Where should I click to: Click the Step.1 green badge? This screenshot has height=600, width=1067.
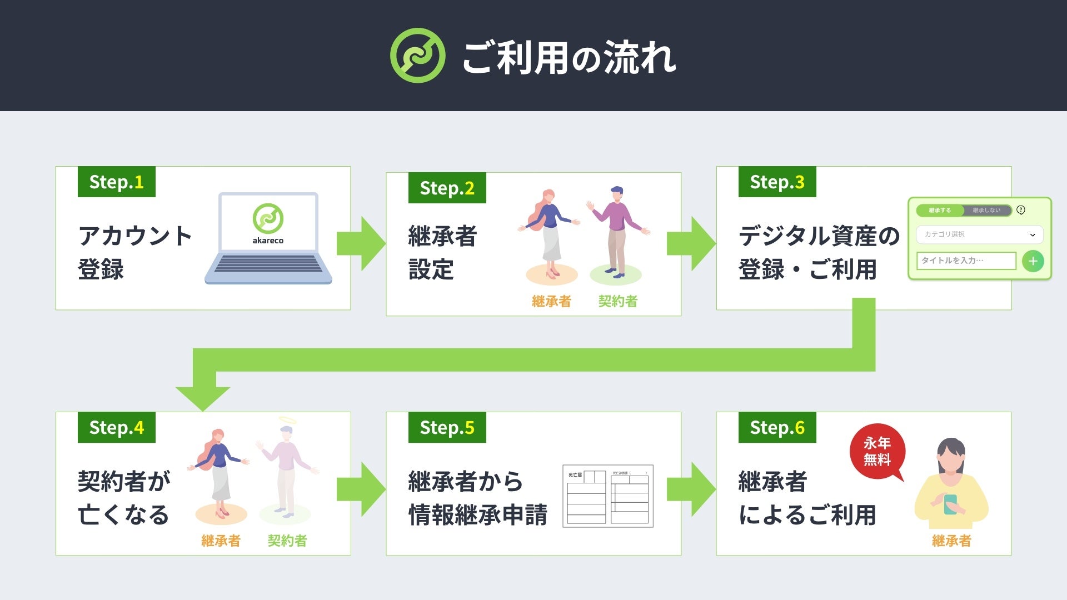[116, 182]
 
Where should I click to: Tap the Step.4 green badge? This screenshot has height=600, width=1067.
[116, 427]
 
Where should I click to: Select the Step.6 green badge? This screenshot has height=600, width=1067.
[777, 427]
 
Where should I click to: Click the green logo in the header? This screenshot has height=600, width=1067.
[417, 56]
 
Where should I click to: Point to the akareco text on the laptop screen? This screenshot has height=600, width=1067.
[268, 241]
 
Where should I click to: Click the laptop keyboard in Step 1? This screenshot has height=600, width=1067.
[268, 264]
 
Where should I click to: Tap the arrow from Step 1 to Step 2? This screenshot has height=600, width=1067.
[361, 243]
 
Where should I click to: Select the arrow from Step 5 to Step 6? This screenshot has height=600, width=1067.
[691, 489]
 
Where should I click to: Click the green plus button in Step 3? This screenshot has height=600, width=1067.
[1033, 261]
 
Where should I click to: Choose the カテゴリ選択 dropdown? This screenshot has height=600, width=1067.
[979, 234]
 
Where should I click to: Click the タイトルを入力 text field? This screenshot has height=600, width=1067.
[966, 261]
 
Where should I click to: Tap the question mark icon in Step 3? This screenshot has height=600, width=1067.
[1021, 210]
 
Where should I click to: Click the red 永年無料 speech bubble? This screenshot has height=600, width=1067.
[877, 452]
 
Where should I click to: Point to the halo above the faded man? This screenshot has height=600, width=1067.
[287, 419]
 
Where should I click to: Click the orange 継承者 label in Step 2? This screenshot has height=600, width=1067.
[551, 301]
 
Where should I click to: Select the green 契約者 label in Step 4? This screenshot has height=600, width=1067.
[287, 541]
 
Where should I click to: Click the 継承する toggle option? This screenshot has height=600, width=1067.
[940, 211]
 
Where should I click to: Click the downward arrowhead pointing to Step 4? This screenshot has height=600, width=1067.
[203, 397]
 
